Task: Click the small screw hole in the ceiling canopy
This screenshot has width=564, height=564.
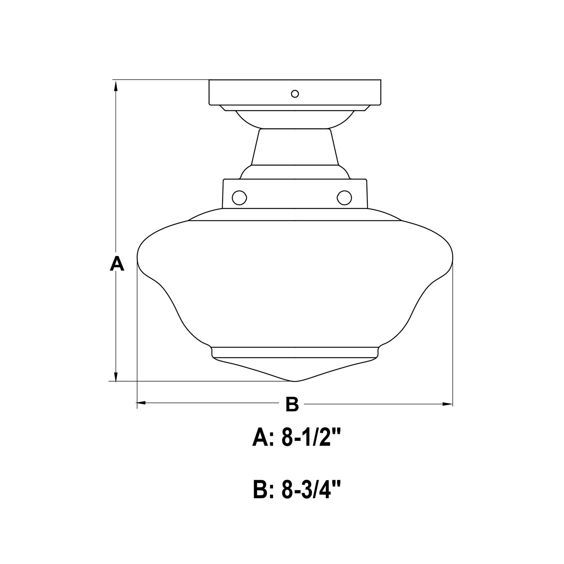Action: click(x=295, y=94)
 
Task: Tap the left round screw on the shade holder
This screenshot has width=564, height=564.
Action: click(x=239, y=197)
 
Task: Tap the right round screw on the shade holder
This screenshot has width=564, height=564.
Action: click(x=344, y=197)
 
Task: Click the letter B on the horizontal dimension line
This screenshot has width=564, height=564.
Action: click(x=292, y=404)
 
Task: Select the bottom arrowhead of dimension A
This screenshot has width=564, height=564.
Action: click(x=116, y=376)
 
